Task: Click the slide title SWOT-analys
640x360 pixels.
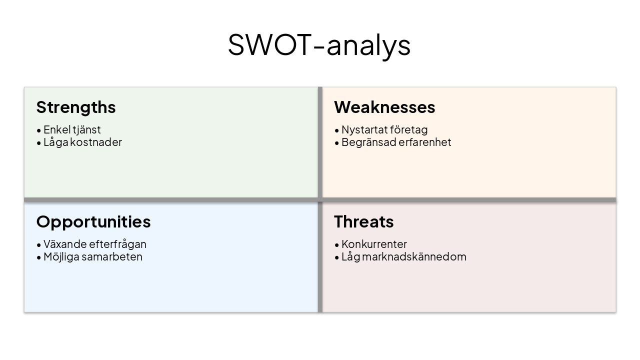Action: pos(319,45)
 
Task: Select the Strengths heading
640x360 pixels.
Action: pos(76,107)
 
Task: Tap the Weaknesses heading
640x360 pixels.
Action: pos(384,107)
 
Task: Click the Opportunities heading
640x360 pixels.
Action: pos(93,222)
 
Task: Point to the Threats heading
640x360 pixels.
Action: pos(363,222)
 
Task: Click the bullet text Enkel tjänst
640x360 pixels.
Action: pos(72,130)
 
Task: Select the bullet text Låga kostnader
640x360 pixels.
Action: pos(82,142)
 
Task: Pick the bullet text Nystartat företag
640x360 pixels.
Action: pos(384,130)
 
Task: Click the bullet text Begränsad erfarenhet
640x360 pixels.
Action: pos(396,142)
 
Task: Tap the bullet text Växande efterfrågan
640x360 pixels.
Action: pos(95,244)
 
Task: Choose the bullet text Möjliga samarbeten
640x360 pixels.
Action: pos(93,257)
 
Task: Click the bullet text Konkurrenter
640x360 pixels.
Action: pos(374,244)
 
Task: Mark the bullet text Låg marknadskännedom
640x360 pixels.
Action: pos(404,257)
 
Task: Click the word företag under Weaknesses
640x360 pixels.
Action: pos(408,130)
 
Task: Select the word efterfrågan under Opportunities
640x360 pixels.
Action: pos(117,244)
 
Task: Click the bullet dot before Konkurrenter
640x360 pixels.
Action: pos(337,245)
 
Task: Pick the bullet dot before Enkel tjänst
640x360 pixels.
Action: pos(39,130)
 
